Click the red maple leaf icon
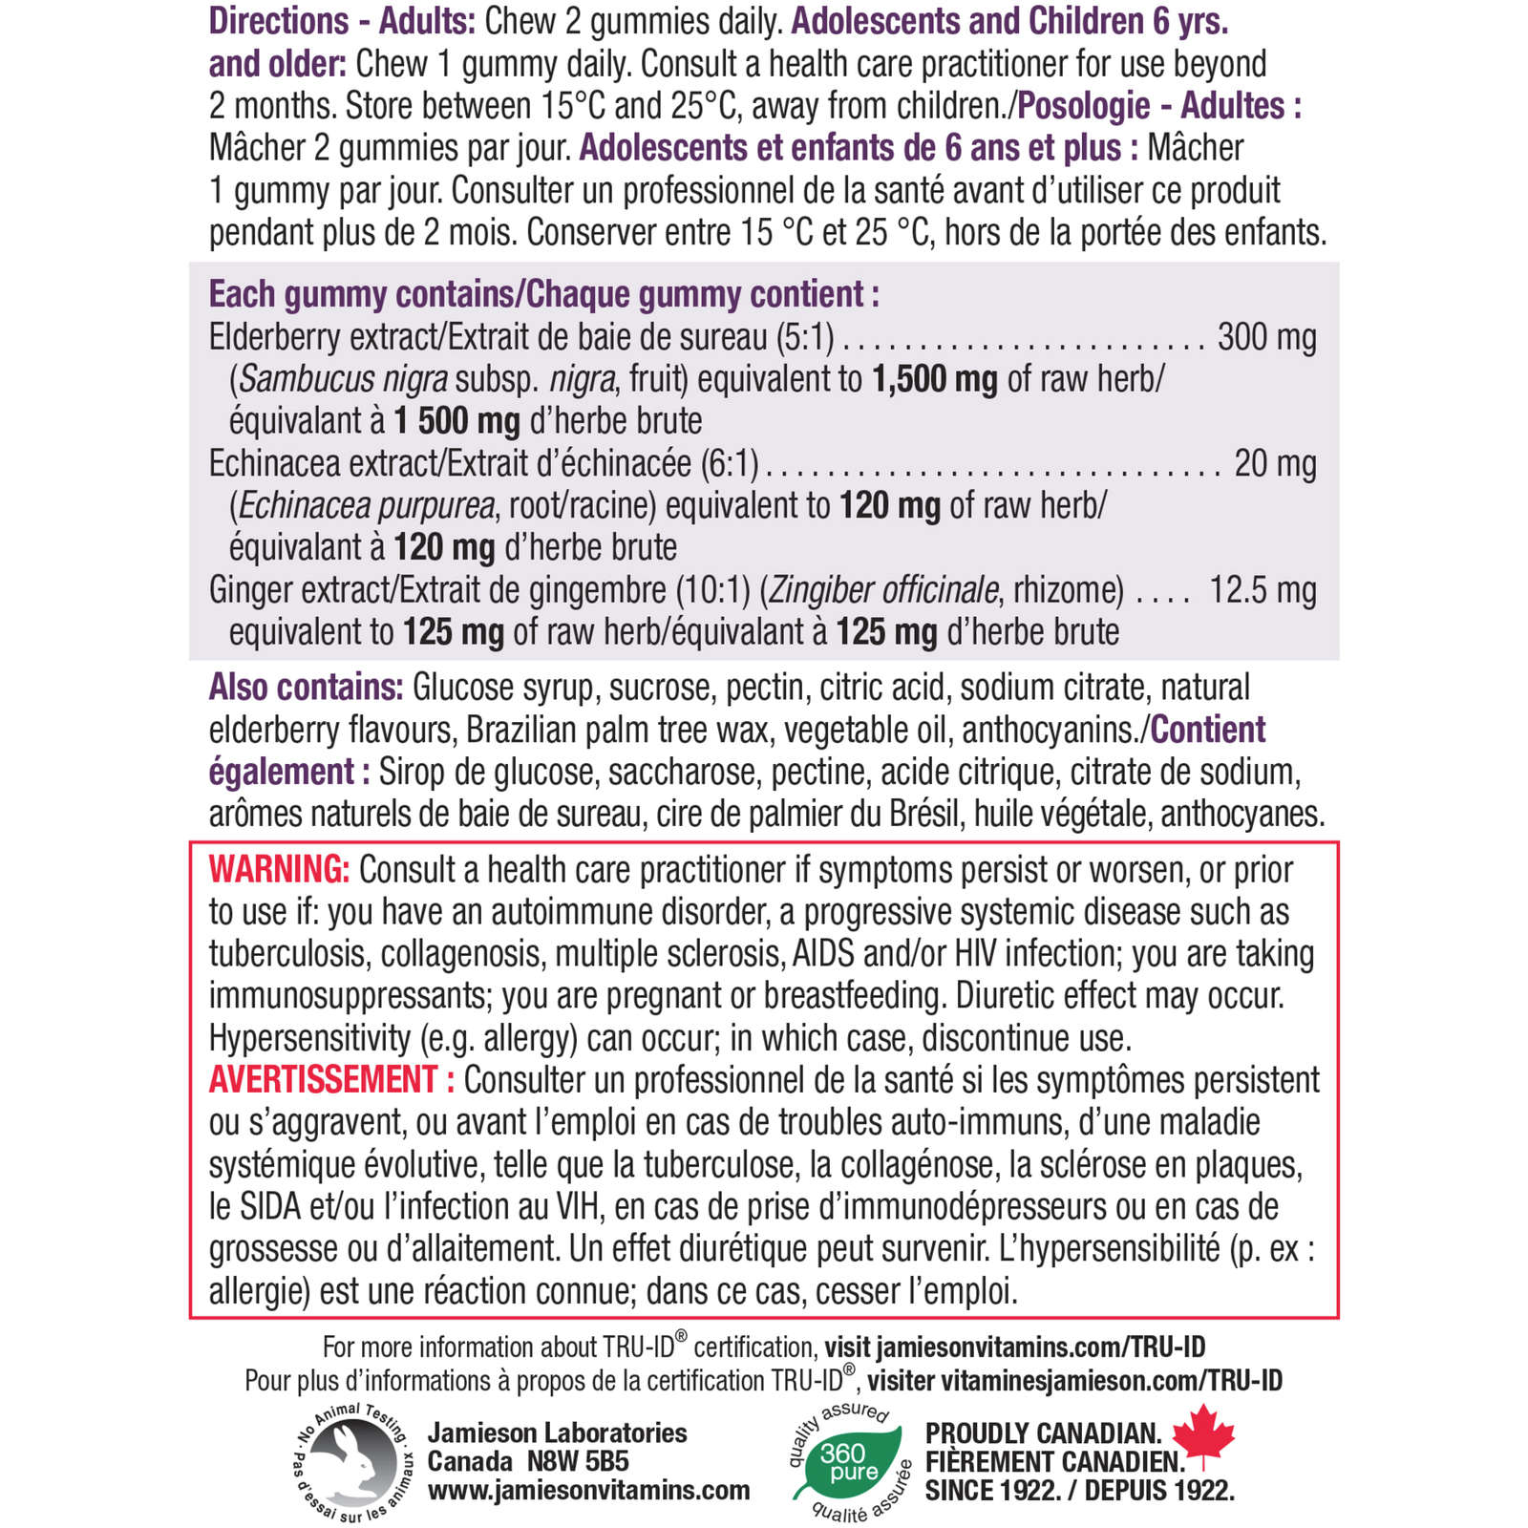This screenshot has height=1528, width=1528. (1203, 1434)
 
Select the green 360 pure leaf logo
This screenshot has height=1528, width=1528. (847, 1461)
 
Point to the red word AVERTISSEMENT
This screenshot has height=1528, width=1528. (323, 1080)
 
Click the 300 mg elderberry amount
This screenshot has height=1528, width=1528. (1266, 338)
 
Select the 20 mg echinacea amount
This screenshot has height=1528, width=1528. (1275, 464)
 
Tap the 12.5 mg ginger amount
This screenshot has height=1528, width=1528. (1263, 590)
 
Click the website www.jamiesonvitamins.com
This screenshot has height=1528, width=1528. (588, 1491)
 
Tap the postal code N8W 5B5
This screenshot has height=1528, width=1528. (578, 1462)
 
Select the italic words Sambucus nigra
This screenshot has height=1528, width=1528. (343, 380)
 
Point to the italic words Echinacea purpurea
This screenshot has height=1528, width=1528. (367, 506)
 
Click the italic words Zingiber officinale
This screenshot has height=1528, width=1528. (883, 590)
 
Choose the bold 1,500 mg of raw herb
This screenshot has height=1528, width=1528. (934, 380)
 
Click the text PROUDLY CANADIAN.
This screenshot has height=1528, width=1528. (1043, 1433)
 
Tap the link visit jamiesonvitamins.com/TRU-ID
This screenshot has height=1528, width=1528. (1014, 1348)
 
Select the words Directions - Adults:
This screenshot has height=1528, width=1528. (342, 21)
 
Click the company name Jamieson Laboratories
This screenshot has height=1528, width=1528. (557, 1433)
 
